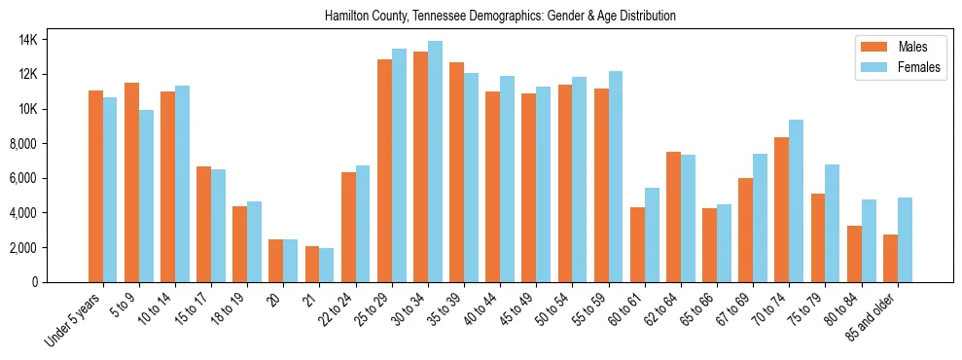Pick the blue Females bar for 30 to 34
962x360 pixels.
point(435,162)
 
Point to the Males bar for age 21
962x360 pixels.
point(312,264)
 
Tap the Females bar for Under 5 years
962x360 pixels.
point(110,190)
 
